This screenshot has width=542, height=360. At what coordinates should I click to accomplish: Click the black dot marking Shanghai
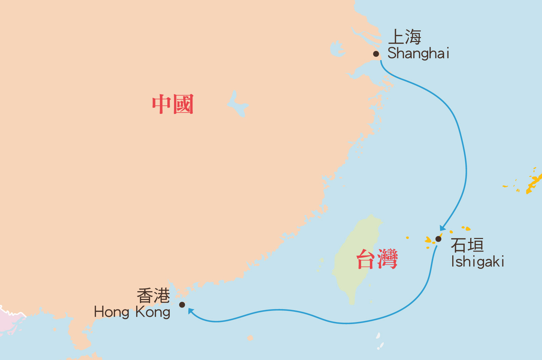[x=376, y=54]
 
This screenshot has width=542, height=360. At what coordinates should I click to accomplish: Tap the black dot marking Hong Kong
[x=182, y=305]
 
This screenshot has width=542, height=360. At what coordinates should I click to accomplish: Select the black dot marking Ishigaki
[x=438, y=239]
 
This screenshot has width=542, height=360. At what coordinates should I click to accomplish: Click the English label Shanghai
[x=418, y=54]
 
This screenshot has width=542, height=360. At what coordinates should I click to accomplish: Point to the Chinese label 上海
[x=405, y=37]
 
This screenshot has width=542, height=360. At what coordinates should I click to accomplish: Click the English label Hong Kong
[x=132, y=312]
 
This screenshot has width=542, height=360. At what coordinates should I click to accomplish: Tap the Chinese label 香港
[x=153, y=296]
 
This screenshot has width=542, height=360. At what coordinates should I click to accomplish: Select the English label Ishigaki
[x=478, y=262]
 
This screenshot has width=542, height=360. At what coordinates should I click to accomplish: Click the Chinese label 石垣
[x=467, y=245]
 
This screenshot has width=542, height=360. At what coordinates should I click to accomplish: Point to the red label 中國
[x=173, y=104]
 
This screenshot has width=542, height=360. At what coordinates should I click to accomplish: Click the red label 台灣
[x=377, y=259]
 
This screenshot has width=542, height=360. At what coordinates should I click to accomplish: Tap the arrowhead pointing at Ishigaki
[x=442, y=228]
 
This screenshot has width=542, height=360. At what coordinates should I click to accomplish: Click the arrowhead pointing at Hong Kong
[x=191, y=311]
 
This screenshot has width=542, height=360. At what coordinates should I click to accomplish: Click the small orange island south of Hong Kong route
[x=250, y=338]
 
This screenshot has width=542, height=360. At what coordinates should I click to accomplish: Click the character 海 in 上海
[x=413, y=37]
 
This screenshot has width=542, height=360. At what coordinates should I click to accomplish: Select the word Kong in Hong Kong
[x=153, y=312]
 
